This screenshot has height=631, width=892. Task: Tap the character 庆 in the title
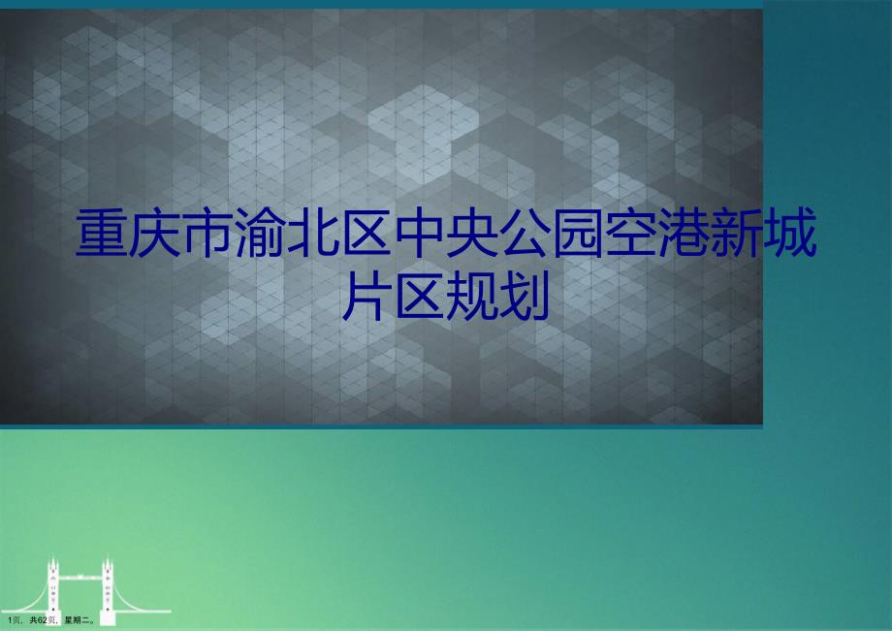(x=154, y=233)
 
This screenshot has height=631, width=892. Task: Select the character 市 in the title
(x=207, y=233)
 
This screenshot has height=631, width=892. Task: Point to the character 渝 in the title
(x=260, y=233)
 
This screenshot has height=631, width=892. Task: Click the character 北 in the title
(x=313, y=233)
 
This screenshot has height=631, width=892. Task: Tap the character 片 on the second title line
(x=366, y=296)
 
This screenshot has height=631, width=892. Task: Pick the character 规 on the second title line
(x=471, y=296)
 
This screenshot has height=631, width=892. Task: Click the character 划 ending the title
(x=524, y=296)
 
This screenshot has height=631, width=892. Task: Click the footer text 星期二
(x=80, y=620)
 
